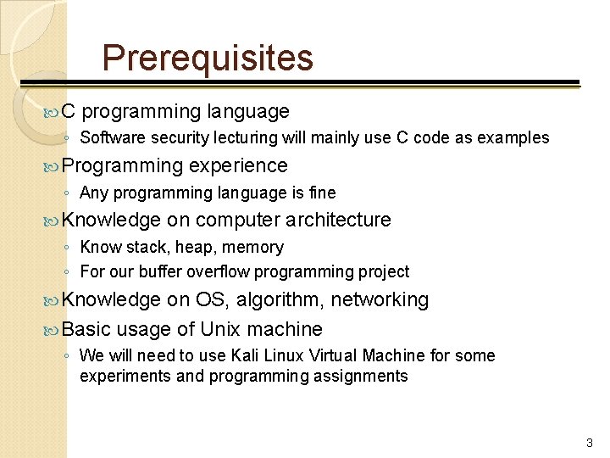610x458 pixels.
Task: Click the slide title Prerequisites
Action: click(x=208, y=59)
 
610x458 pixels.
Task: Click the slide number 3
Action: click(x=590, y=443)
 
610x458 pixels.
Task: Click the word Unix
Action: click(x=221, y=328)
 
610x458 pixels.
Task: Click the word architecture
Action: click(x=338, y=220)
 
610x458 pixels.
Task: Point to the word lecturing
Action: click(x=253, y=137)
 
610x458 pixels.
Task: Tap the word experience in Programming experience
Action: click(x=239, y=165)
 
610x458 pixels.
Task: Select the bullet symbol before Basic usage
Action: click(x=53, y=329)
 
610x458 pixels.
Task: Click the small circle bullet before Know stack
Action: click(x=67, y=248)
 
